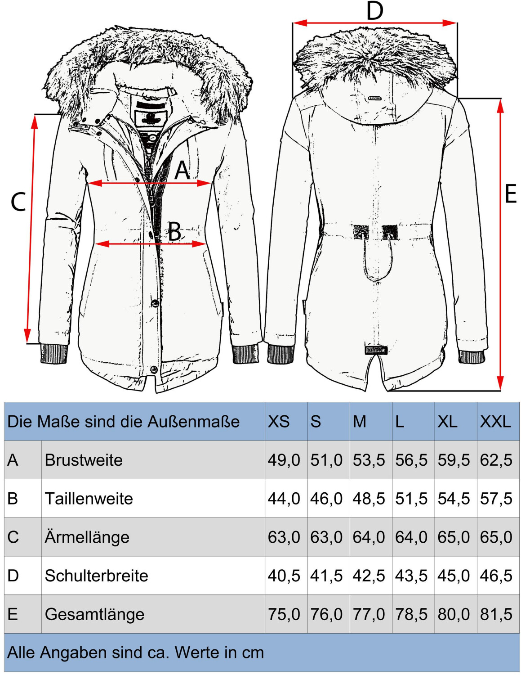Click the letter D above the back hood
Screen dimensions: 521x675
374,11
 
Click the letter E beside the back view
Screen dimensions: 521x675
510,194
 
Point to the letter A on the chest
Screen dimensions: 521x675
182,170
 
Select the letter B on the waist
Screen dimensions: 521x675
175,232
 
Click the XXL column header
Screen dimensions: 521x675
495,422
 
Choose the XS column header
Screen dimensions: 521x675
279,422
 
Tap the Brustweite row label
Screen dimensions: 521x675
84,460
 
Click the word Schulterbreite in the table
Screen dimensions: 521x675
96,576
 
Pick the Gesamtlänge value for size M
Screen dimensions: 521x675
369,614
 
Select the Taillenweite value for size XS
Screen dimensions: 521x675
284,499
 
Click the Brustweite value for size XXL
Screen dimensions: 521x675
496,460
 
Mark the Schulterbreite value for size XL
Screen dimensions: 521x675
454,576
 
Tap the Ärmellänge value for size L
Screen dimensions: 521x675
411,537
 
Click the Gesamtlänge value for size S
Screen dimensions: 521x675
326,614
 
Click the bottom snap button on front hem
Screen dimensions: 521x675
154,370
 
